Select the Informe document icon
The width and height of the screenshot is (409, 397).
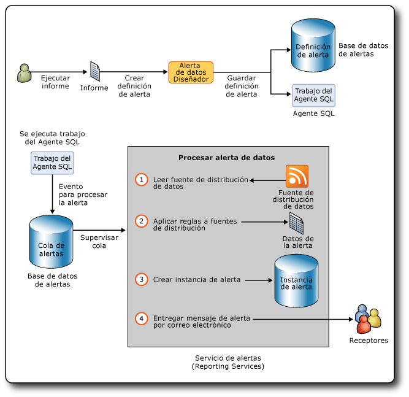pyautogui.click(x=95, y=71)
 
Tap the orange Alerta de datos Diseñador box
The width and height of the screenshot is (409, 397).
pyautogui.click(x=191, y=72)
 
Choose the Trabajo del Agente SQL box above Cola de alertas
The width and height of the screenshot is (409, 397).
pyautogui.click(x=52, y=163)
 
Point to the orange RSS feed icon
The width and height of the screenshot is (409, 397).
pyautogui.click(x=297, y=176)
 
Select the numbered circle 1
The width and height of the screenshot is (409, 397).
pyautogui.click(x=142, y=180)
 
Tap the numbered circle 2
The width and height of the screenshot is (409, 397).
pyautogui.click(x=142, y=221)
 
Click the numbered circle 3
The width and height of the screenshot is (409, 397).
pyautogui.click(x=142, y=280)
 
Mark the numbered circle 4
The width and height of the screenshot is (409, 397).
pyautogui.click(x=142, y=318)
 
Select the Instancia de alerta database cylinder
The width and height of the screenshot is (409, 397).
pyautogui.click(x=296, y=281)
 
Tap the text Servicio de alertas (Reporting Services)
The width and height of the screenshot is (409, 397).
pyautogui.click(x=228, y=362)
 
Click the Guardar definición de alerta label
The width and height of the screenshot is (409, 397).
pyautogui.click(x=242, y=87)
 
